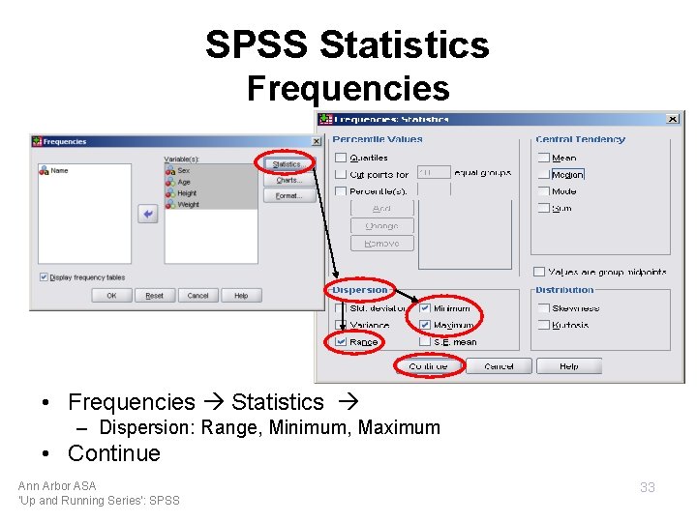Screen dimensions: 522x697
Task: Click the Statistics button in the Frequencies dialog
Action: coord(288,164)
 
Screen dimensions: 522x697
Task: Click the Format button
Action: coord(288,195)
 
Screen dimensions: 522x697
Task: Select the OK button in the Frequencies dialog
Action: coord(111,296)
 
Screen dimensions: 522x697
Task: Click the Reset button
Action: coord(154,296)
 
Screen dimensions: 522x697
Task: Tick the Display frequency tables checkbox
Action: coord(45,277)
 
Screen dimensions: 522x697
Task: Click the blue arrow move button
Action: coord(148,215)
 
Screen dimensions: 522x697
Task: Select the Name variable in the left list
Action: coord(59,171)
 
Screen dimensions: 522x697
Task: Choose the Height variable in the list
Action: coord(186,193)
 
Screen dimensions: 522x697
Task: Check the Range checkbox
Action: coord(341,341)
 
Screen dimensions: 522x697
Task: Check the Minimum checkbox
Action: coord(425,308)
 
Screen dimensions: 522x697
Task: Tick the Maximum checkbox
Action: coord(425,325)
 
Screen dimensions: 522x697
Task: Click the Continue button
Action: coord(428,366)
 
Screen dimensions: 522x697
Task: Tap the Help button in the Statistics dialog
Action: coord(568,366)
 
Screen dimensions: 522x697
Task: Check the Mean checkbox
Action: coord(544,158)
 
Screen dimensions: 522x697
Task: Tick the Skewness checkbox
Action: coord(544,308)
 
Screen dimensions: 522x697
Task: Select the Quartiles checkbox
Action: coord(341,158)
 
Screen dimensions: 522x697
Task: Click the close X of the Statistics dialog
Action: coord(673,119)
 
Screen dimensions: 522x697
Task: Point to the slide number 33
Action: coord(648,487)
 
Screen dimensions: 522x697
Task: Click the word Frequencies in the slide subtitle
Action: coord(348,88)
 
